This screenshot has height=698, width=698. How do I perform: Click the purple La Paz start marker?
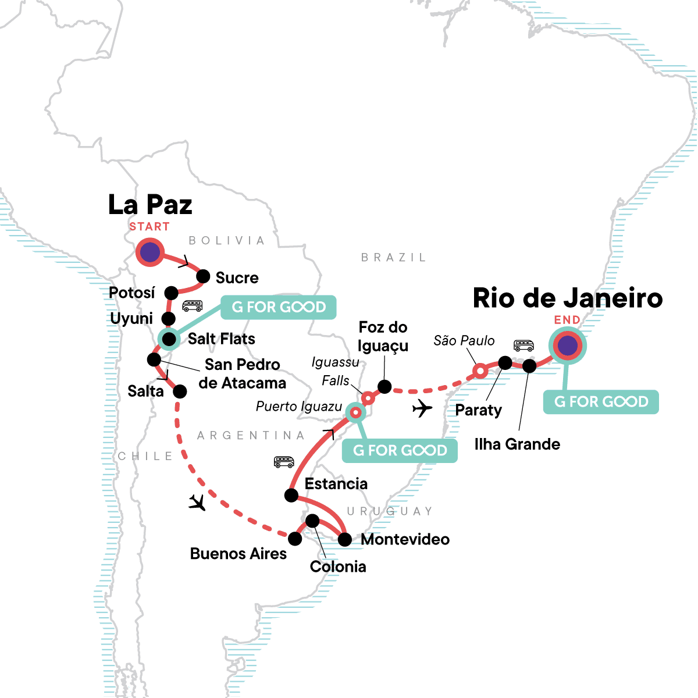[x=150, y=252]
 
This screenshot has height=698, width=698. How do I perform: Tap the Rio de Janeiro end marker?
[x=567, y=346]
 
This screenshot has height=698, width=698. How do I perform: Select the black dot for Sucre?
[x=203, y=276]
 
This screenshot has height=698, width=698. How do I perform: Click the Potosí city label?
[x=132, y=293]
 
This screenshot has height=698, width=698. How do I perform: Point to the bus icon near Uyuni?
[x=193, y=305]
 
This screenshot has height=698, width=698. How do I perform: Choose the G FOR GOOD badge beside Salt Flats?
[x=279, y=307]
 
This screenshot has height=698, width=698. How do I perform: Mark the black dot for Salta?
[x=180, y=391]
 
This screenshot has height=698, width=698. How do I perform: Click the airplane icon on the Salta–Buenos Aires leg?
[x=198, y=502]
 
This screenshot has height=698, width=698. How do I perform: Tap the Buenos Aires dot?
[x=295, y=539]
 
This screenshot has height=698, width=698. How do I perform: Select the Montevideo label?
[x=405, y=539]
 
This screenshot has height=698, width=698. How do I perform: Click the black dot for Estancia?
[x=291, y=496]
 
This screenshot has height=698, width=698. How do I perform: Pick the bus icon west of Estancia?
[x=284, y=462]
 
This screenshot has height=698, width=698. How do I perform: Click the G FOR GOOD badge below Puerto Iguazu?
[x=400, y=451]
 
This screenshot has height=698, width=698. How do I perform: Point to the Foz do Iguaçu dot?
[x=384, y=387]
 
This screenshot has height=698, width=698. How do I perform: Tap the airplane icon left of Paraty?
[x=422, y=409]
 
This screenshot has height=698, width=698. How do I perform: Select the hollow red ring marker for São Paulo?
[x=479, y=371]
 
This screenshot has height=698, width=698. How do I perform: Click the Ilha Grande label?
[x=517, y=444]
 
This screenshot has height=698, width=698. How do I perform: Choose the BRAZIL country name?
[x=394, y=258]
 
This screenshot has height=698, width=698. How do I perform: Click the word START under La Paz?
[x=149, y=227]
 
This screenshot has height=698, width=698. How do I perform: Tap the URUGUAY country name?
[x=390, y=511]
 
